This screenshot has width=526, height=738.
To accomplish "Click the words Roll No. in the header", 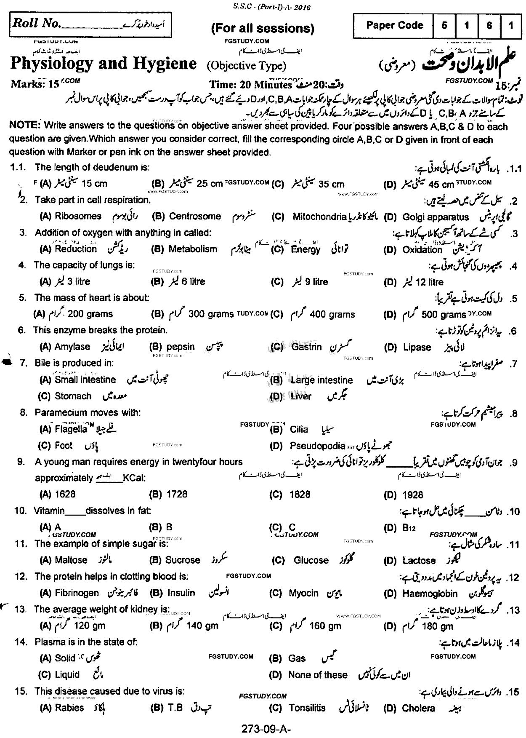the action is (x=37, y=23).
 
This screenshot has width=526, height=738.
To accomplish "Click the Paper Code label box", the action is (x=394, y=25).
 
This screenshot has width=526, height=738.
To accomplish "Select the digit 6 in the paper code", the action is (x=489, y=25).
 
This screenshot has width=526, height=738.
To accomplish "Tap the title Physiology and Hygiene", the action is (x=104, y=64).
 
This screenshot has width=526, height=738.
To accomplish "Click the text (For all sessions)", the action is (x=263, y=28).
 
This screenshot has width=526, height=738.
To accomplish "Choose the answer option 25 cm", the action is (x=210, y=184).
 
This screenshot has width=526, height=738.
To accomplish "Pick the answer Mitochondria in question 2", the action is (x=319, y=217).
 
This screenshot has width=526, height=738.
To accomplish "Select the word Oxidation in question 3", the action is (x=422, y=249).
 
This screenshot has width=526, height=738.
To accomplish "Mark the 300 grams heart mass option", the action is (x=211, y=314).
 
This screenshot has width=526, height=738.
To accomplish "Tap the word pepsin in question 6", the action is (x=181, y=347).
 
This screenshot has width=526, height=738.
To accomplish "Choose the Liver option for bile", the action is (x=301, y=396).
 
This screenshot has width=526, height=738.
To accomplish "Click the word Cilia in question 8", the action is (x=299, y=429).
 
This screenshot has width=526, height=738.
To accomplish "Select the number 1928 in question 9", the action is (x=412, y=495).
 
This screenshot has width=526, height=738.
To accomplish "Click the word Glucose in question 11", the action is (x=311, y=560).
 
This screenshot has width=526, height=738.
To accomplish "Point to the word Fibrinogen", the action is (x=77, y=593).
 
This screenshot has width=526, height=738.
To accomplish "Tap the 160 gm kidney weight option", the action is (x=325, y=626).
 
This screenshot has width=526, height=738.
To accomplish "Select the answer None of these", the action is (x=318, y=675).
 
